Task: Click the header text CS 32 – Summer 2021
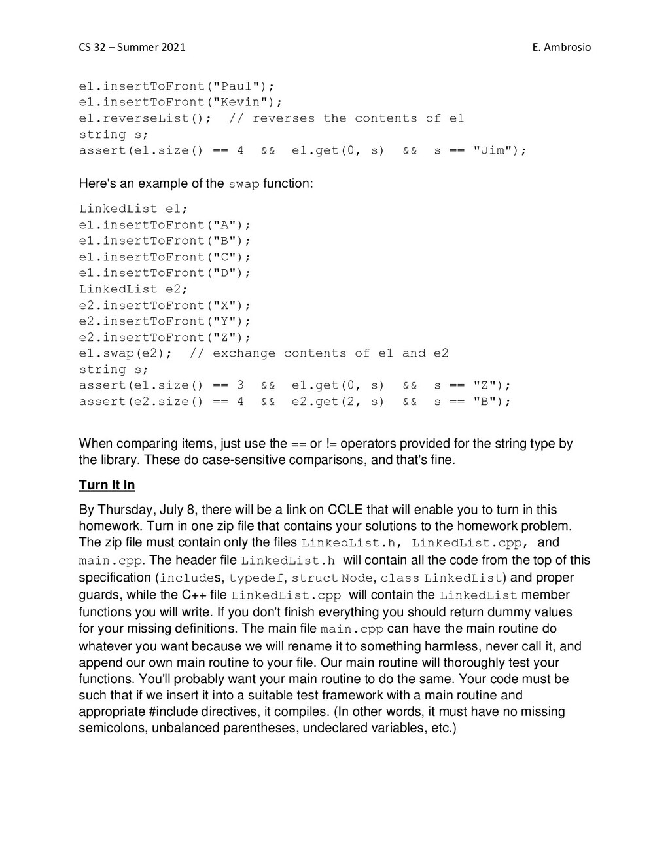pos(132,47)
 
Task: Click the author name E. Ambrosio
pos(561,47)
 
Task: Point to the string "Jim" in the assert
pos(493,150)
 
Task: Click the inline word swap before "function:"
pos(243,184)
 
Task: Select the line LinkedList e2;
pos(133,289)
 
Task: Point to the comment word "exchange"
pos(243,353)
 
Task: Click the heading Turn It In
pos(107,485)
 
